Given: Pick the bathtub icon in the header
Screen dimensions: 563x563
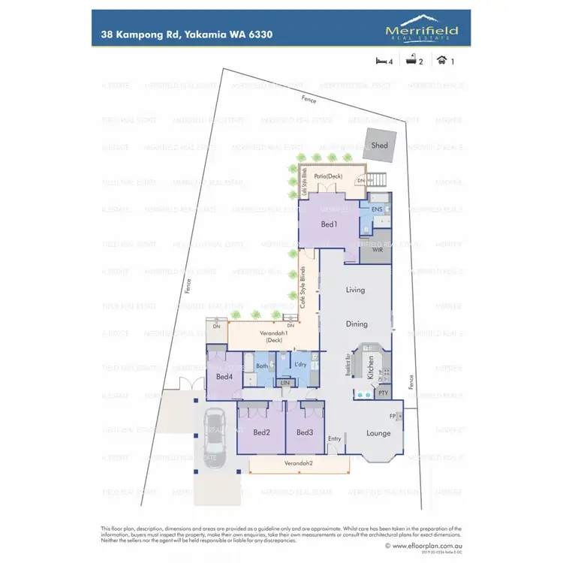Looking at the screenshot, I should [x=411, y=62].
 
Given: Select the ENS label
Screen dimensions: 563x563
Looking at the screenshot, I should [x=378, y=209].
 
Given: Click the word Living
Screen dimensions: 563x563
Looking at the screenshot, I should [x=356, y=290].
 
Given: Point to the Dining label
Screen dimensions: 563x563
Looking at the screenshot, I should [x=357, y=324].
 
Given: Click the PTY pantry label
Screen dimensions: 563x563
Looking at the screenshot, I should [x=383, y=392].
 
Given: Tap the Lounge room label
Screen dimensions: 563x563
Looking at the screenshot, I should [x=378, y=433].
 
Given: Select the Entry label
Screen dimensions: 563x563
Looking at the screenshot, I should [x=334, y=439].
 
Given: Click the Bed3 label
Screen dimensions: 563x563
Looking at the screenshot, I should [x=304, y=432].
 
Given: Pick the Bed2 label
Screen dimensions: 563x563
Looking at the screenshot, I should [x=261, y=432].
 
